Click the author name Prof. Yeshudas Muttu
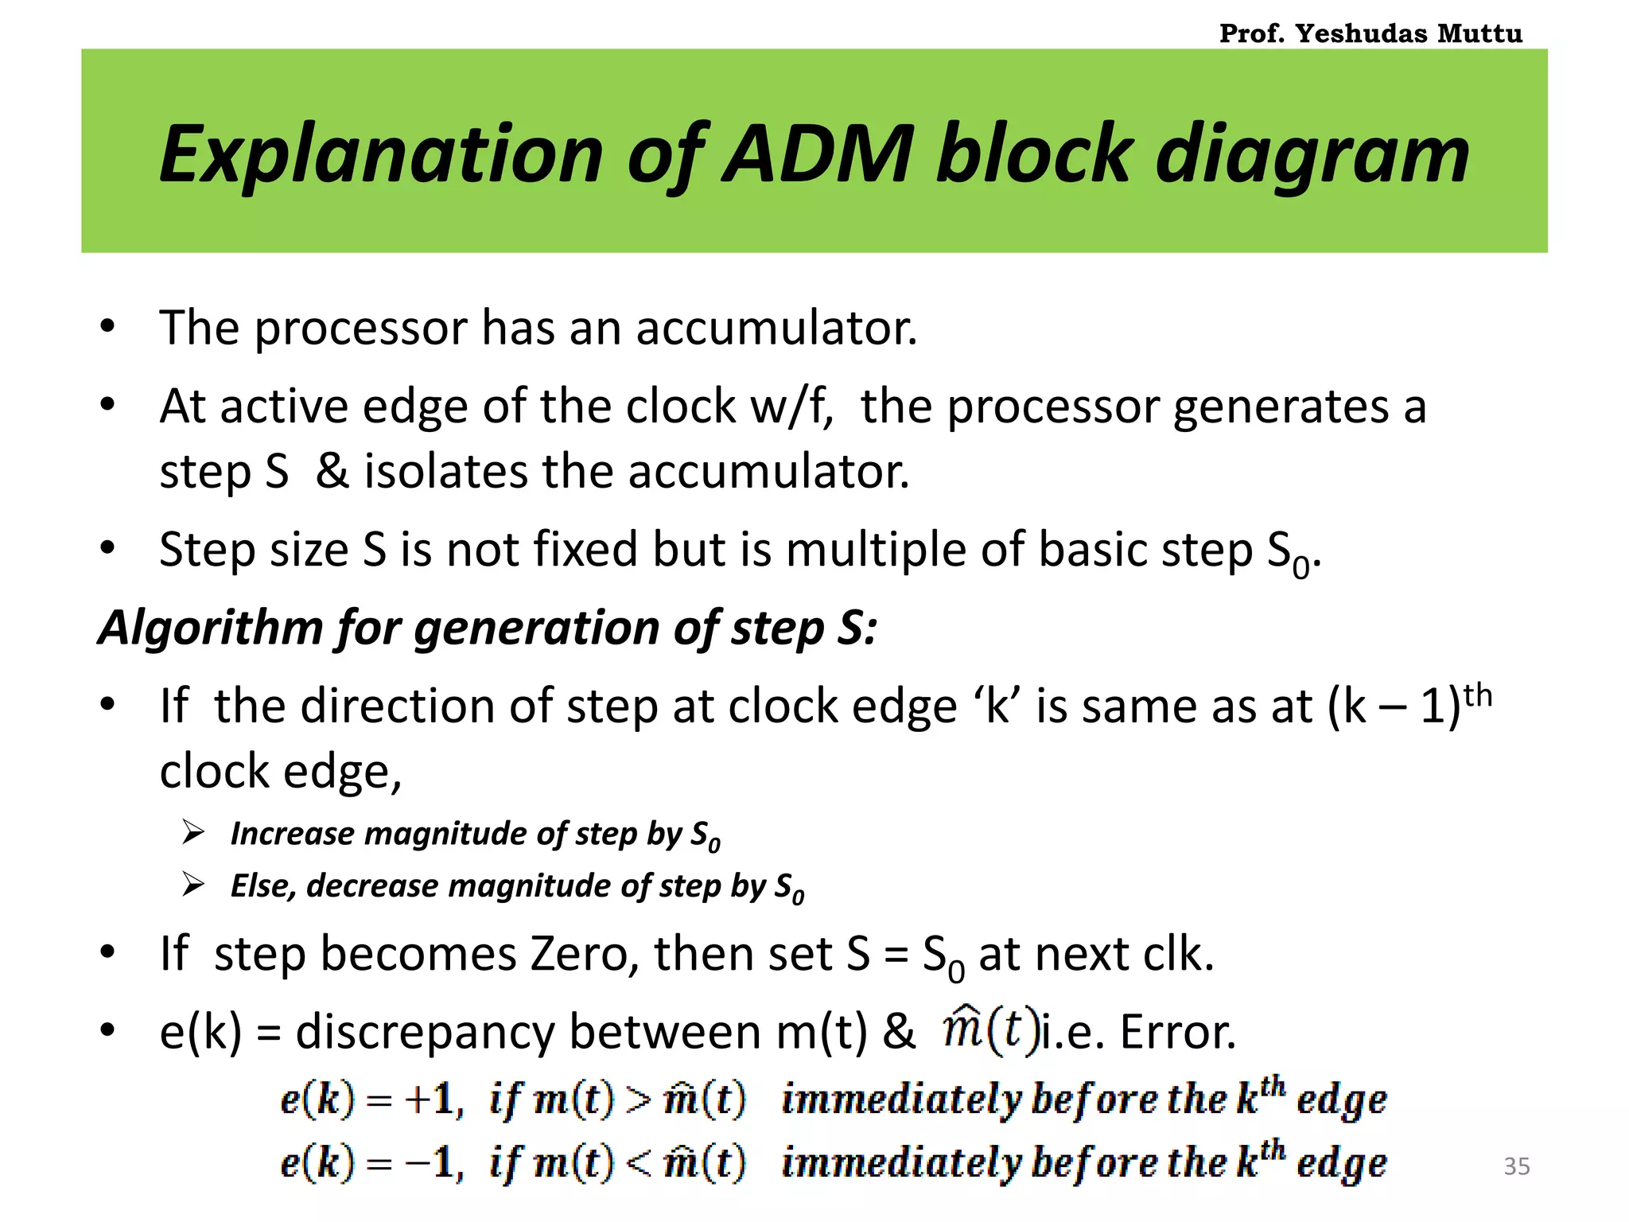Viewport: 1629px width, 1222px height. tap(1370, 33)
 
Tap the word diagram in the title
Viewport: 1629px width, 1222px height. tap(1312, 155)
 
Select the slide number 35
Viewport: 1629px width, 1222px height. tap(1516, 1166)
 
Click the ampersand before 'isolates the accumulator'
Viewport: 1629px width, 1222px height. tap(332, 471)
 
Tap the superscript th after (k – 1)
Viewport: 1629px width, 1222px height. tap(1478, 695)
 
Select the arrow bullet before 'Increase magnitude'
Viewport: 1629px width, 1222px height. tap(193, 833)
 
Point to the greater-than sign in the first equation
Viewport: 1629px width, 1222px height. tap(637, 1101)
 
